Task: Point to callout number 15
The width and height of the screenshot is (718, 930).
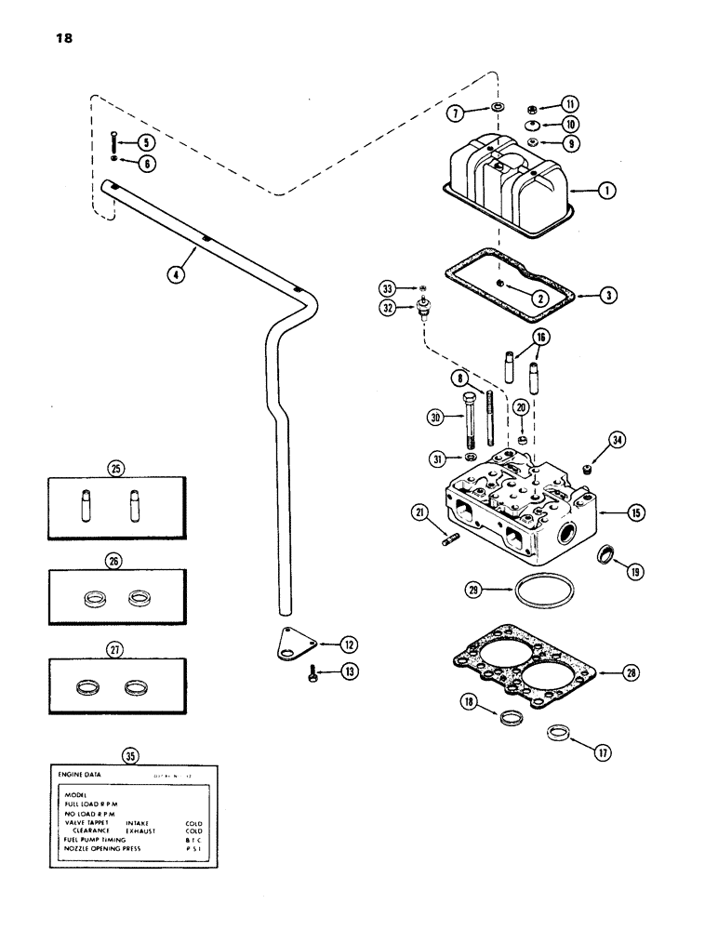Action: [x=610, y=512]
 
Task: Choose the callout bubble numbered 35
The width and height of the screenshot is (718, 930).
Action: [x=131, y=756]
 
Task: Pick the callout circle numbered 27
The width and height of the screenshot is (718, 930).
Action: [x=116, y=646]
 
